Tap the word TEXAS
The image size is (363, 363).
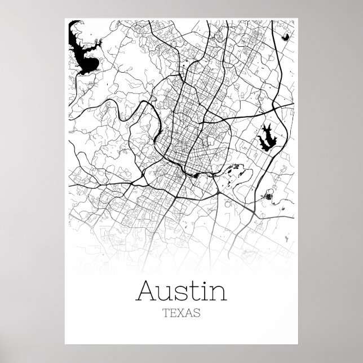click(x=181, y=313)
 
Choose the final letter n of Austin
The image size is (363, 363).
click(x=218, y=293)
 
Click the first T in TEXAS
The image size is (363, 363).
click(x=165, y=313)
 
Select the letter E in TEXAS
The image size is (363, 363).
click(x=173, y=313)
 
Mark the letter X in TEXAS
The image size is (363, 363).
click(x=181, y=313)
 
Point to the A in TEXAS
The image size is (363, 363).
click(x=189, y=313)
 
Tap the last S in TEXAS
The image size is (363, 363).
click(x=197, y=313)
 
